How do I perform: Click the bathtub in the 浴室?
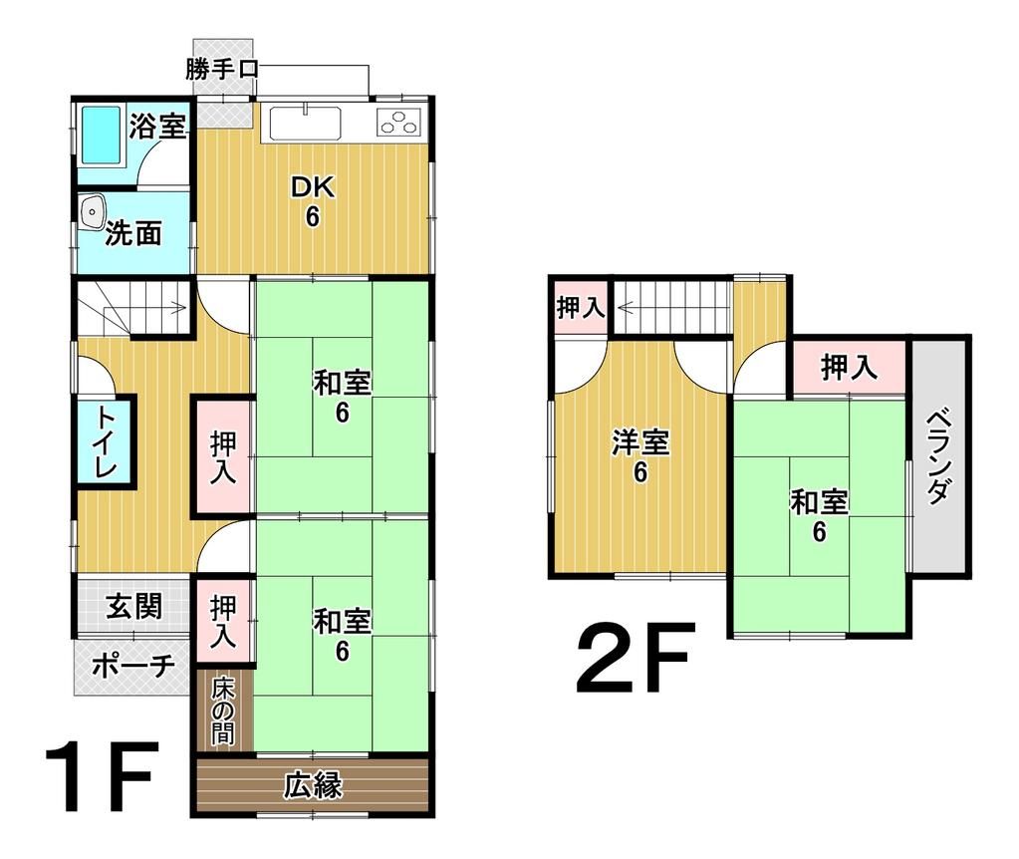point(101,136)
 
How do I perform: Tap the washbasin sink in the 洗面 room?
point(93,212)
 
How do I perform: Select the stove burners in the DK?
point(398,122)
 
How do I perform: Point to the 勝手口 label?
point(221,69)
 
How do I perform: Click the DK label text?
point(313,187)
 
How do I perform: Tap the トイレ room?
point(105,440)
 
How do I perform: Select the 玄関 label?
point(133,606)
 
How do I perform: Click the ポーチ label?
point(133,666)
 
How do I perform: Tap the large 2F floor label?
point(632,657)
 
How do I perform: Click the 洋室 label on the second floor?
point(640,442)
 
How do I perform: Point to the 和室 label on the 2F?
point(819,502)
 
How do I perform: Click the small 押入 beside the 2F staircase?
point(581,306)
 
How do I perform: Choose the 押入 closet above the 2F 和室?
point(849,368)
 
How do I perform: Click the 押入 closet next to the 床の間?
point(222,621)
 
